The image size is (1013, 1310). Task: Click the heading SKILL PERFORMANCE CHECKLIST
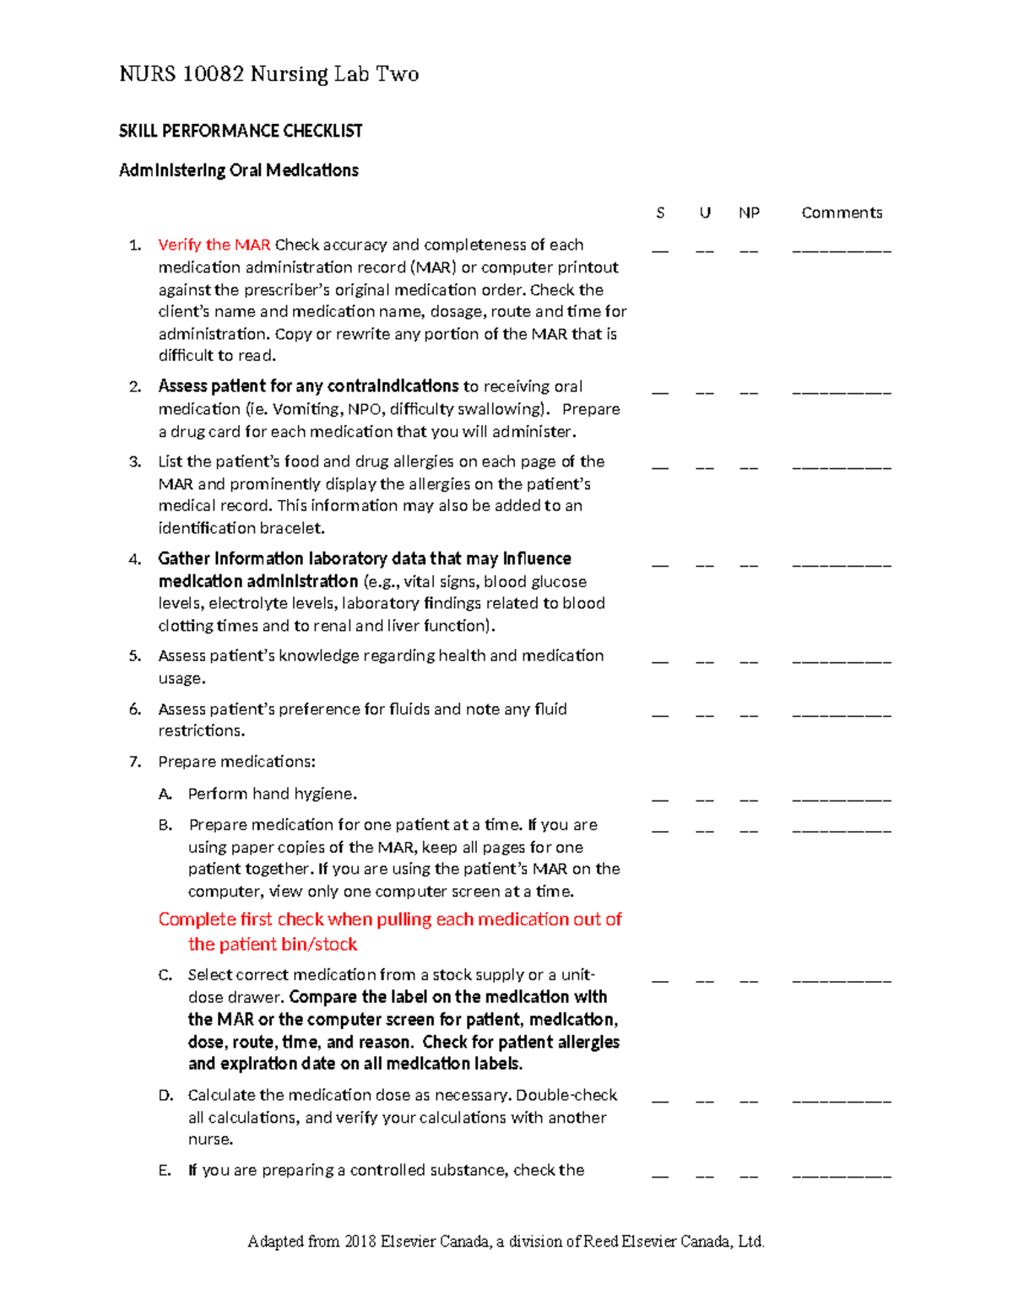tap(240, 131)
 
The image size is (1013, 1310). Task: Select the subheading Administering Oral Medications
tap(238, 170)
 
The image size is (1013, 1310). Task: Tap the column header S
tap(660, 213)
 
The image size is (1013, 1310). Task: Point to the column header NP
tap(749, 213)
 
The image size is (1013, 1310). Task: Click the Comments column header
tap(842, 213)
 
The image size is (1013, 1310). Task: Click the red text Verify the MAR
tap(214, 245)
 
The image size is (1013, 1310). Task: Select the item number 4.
tap(134, 559)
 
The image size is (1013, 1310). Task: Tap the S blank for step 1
tap(660, 251)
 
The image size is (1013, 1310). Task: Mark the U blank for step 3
tap(705, 467)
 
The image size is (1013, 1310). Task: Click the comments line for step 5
tap(841, 661)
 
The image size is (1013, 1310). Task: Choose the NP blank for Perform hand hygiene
tap(749, 799)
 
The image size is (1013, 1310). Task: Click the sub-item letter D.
tap(165, 1096)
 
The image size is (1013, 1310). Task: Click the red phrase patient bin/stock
tap(273, 945)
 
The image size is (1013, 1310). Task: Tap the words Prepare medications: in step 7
tap(236, 762)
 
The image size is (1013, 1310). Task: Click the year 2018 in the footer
tap(360, 1242)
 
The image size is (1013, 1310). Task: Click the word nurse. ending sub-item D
tap(210, 1140)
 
